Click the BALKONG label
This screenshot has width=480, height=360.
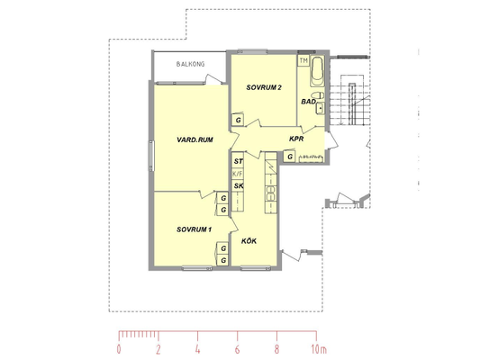pos(190,64)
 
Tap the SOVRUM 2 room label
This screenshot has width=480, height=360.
pos(264,87)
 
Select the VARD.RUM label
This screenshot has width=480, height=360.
pos(195,139)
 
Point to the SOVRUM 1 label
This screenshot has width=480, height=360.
pos(194,229)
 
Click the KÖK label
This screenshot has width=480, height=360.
pos(249,241)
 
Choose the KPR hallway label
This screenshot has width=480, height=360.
pos(296,139)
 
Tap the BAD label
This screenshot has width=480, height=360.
pos(309,102)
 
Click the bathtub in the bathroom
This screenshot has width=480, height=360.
pos(317,71)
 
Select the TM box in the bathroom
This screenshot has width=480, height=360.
pos(303,60)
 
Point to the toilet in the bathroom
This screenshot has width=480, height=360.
pos(318,95)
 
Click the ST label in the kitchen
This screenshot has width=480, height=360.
pos(238,161)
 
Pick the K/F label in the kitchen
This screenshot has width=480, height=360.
pos(238,174)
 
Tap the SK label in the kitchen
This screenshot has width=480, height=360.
pos(239,185)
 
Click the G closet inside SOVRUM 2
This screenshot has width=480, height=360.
pos(238,120)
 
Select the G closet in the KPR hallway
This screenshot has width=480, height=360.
pos(290,157)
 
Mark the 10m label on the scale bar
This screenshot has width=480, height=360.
pos(319,349)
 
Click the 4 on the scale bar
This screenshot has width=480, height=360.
pos(197,349)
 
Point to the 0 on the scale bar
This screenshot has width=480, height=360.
pos(119,349)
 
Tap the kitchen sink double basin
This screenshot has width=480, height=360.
pos(270,193)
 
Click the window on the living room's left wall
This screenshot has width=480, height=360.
pos(151,156)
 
